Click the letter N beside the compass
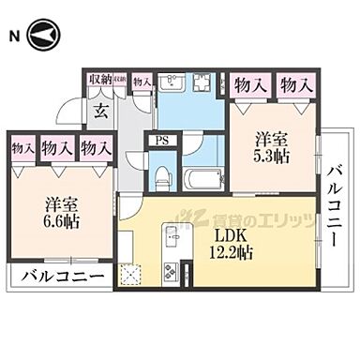(13, 36)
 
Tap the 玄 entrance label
(98, 109)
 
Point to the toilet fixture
(161, 175)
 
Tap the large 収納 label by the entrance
(98, 80)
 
